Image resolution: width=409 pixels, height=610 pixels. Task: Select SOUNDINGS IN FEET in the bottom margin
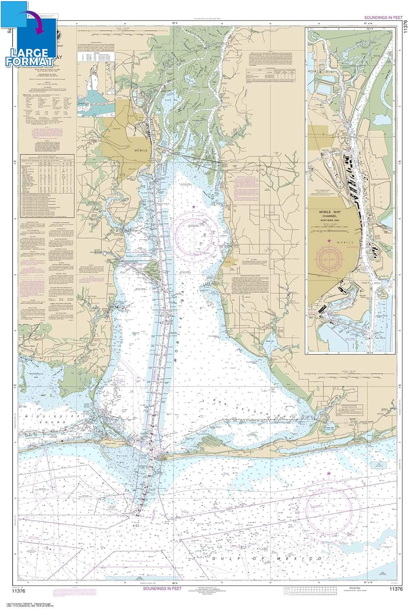(x=162, y=588)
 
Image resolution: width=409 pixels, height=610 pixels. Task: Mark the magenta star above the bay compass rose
(x=194, y=207)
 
